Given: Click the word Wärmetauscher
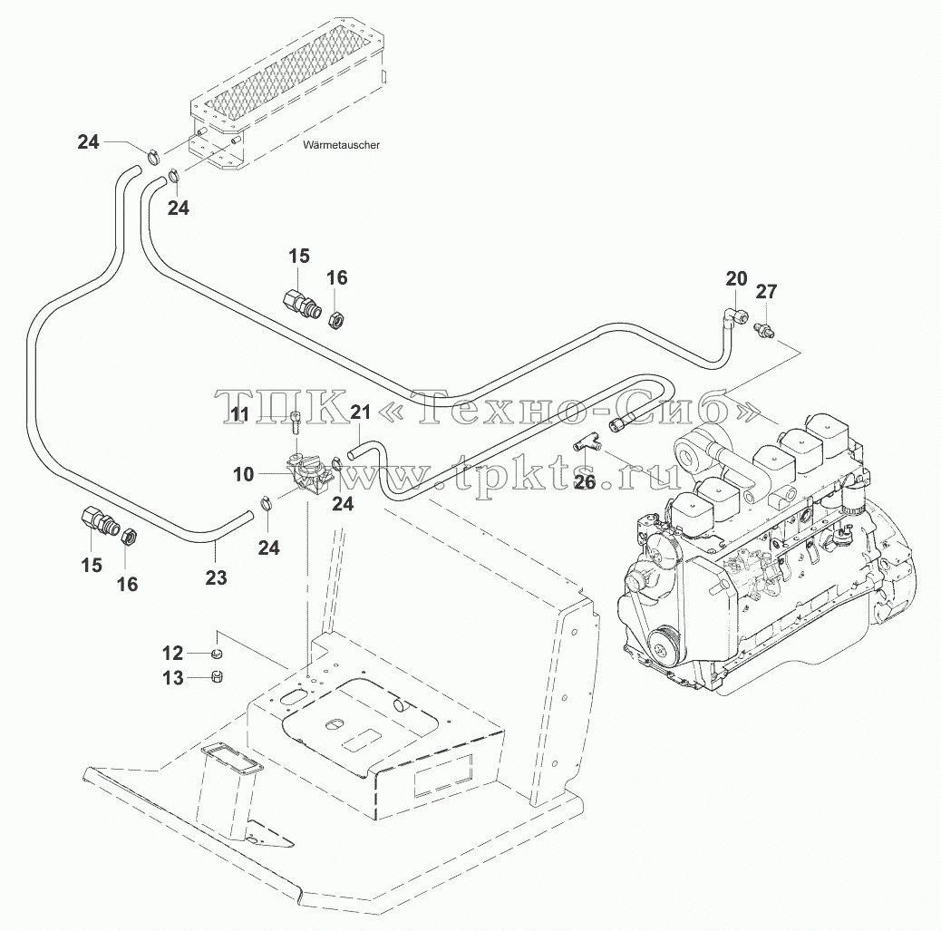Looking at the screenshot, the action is (x=342, y=145).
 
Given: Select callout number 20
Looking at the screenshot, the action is (x=736, y=278).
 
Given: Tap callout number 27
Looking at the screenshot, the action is (x=766, y=291).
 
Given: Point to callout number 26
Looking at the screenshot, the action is (x=585, y=481).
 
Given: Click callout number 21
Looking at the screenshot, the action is (x=360, y=412).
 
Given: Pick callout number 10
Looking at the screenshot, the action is (x=244, y=474).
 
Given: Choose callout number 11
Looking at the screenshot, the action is (x=240, y=413).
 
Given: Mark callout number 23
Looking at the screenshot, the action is (x=216, y=577).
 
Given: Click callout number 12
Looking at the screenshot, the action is (x=173, y=653).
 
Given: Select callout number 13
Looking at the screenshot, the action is (x=173, y=678).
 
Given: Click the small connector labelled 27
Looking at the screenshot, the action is (x=763, y=329).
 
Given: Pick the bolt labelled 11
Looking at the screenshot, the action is (x=295, y=422).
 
